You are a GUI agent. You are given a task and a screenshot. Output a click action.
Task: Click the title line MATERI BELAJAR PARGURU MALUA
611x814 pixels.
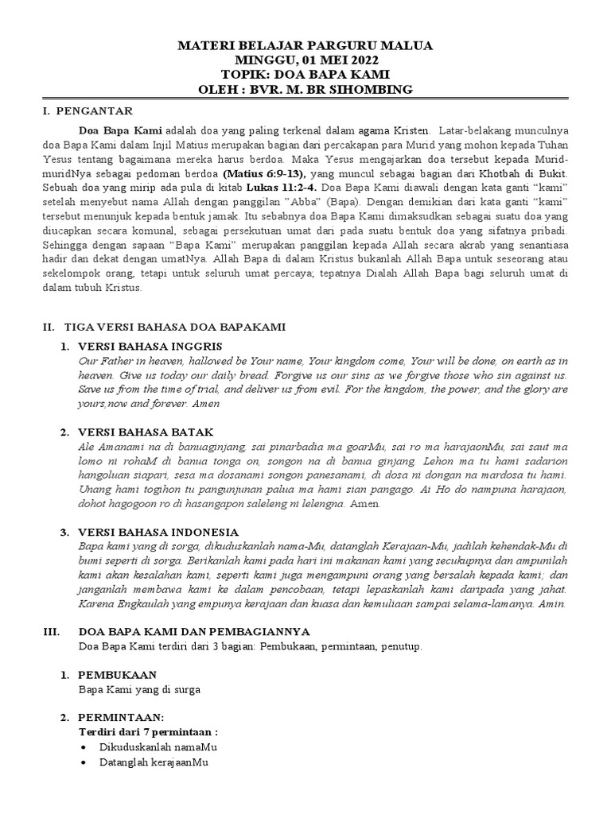[x=305, y=46]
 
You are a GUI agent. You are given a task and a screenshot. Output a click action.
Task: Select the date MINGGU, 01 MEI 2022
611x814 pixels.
[x=305, y=60]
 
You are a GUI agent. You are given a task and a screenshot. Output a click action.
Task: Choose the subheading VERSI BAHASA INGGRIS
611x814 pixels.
[x=150, y=346]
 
